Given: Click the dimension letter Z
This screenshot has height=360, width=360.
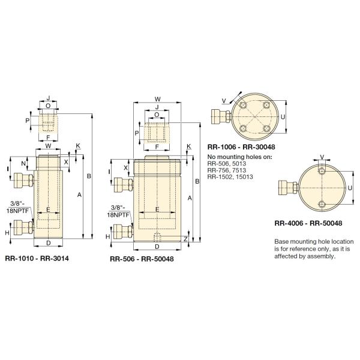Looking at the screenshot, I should point(186,238).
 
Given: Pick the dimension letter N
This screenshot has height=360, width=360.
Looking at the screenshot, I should point(23,164).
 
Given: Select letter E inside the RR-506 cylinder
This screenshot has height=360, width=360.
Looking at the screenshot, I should point(157,209).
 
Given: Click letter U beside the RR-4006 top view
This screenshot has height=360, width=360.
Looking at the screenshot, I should point(350,188).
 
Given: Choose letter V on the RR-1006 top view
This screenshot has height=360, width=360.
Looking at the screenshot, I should point(223,101).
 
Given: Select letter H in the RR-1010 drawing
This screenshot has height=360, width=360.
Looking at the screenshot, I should point(7,232).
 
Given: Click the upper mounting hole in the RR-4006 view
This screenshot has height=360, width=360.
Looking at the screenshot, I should point(322,171).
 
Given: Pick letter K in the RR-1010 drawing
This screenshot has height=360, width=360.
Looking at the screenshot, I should point(77,146).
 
